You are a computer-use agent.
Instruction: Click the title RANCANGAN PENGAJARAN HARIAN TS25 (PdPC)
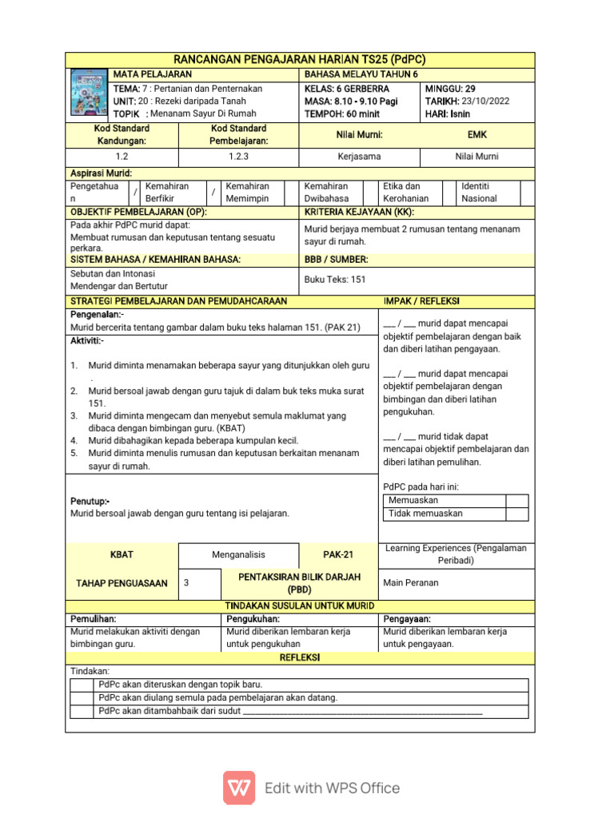[x=299, y=60]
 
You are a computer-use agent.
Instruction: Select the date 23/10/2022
[x=480, y=101]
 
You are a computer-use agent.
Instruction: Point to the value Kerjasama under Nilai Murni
[x=359, y=157]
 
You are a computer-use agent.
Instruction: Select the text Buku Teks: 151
[x=335, y=280]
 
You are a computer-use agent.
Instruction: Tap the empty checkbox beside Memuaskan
[x=517, y=501]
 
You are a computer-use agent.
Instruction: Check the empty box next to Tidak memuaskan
[x=517, y=514]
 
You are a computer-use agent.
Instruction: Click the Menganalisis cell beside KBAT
[x=238, y=554]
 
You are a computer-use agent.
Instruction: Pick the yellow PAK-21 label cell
[x=337, y=554]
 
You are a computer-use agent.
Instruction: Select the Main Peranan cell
[x=411, y=583]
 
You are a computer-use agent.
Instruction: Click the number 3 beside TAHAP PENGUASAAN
[x=186, y=583]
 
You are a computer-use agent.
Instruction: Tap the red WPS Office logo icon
[x=239, y=788]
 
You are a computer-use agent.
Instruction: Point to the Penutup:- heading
[x=90, y=501]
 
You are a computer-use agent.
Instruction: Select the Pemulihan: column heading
[x=94, y=619]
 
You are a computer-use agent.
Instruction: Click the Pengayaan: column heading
[x=407, y=619]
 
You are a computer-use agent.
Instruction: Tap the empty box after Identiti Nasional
[x=527, y=192]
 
